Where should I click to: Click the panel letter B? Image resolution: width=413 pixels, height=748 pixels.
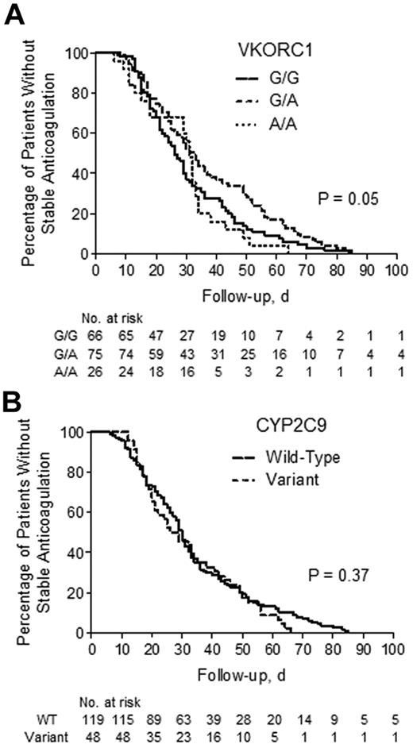(14, 395)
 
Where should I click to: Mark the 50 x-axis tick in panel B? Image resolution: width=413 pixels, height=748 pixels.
(241, 648)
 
